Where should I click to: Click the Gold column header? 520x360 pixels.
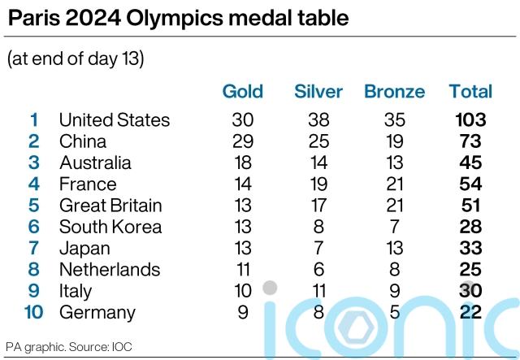[242, 91]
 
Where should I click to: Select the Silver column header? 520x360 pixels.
[318, 91]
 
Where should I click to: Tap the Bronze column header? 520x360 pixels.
[394, 91]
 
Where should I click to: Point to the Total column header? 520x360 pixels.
[470, 91]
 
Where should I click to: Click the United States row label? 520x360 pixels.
[115, 120]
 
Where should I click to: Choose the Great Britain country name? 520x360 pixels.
[110, 206]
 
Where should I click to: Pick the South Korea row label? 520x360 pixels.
[110, 227]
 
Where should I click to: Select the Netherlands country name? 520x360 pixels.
[110, 270]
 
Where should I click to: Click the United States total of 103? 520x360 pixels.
[470, 120]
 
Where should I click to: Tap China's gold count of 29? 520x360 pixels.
[242, 141]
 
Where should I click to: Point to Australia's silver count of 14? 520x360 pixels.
[318, 163]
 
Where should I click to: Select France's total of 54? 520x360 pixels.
[470, 184]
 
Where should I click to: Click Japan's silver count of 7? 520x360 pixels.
[318, 249]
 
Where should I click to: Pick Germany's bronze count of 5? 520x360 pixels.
[394, 312]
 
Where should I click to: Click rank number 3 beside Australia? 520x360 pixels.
[34, 163]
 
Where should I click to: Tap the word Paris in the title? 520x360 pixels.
[35, 19]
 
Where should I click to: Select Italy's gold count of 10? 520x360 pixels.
[242, 291]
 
